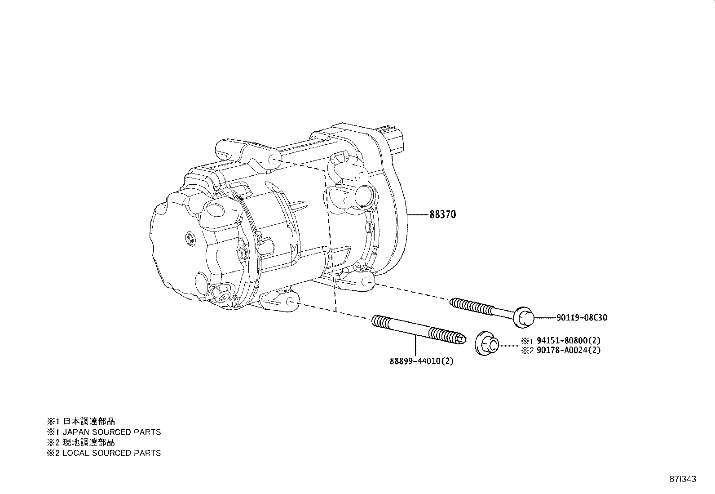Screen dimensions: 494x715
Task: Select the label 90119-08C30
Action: pos(582,318)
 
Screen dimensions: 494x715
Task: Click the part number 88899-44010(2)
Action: pos(421,360)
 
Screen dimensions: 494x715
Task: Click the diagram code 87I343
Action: pos(682,479)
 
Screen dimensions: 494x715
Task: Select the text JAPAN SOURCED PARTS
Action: pos(111,432)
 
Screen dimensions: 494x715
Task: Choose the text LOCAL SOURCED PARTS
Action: pos(111,453)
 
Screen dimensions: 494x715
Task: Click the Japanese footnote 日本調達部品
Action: pos(88,421)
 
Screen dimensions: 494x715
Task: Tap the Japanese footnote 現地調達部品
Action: pos(88,442)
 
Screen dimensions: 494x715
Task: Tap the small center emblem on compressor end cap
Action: pos(190,238)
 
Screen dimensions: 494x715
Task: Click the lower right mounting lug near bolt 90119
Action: pos(367,282)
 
